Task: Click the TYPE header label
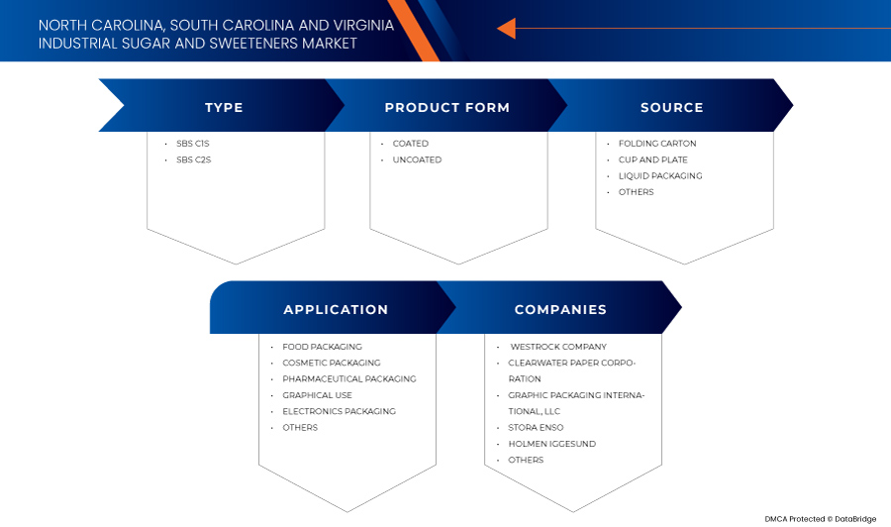click(224, 107)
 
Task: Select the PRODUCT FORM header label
click(447, 107)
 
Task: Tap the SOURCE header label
click(671, 107)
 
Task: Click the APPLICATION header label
click(336, 310)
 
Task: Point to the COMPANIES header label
click(560, 310)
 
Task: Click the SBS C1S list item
click(193, 144)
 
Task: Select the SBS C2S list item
click(193, 159)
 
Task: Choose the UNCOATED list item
click(417, 159)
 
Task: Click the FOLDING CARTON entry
click(657, 144)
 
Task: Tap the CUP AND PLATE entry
click(653, 159)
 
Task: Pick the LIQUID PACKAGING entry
click(660, 175)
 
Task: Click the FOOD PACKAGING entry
click(322, 347)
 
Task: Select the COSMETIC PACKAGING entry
click(332, 363)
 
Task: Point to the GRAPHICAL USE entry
click(317, 395)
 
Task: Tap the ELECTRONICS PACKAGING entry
click(340, 411)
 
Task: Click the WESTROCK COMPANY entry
click(558, 347)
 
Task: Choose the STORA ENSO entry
click(536, 428)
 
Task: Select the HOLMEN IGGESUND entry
click(551, 444)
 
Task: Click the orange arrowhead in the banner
click(506, 28)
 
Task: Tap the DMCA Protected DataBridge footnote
click(820, 519)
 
